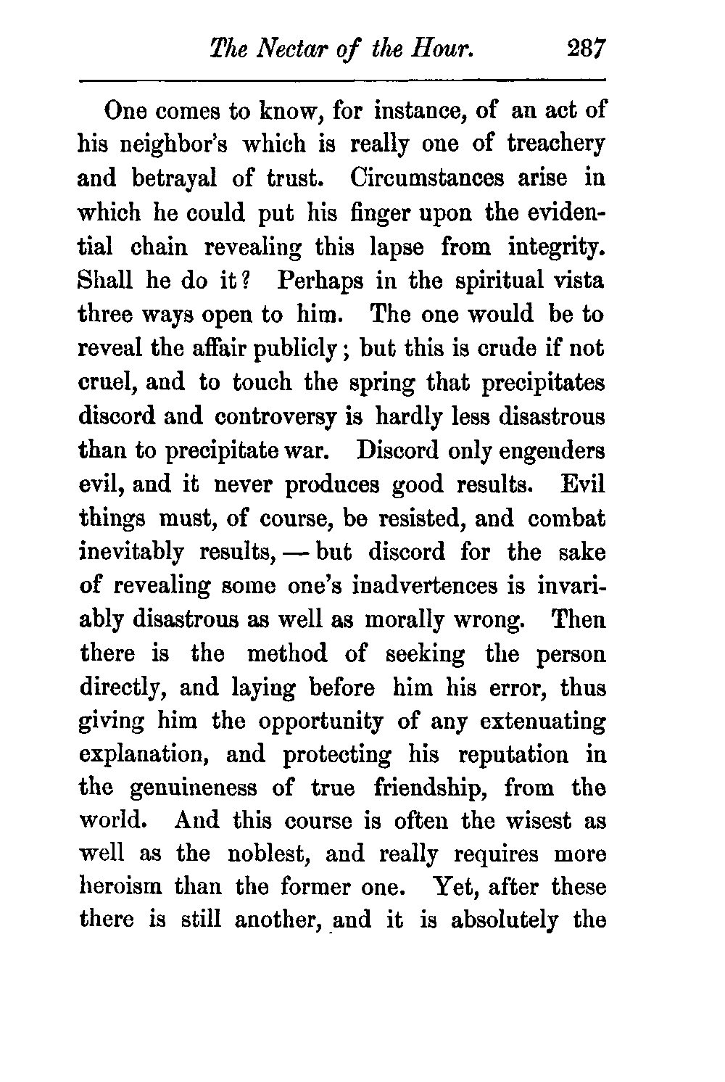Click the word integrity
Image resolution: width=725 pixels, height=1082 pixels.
point(556,247)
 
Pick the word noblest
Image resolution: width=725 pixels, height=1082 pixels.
point(266,855)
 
